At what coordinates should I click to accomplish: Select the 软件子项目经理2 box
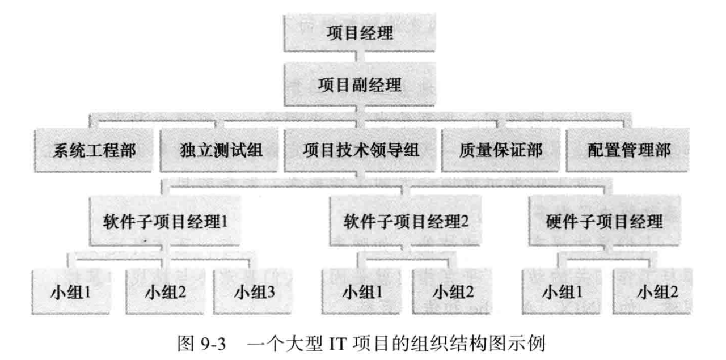[406, 220]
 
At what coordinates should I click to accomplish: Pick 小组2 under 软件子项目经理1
[164, 293]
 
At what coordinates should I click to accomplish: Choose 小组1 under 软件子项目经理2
[361, 293]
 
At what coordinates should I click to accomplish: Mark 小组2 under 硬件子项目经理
[656, 293]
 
